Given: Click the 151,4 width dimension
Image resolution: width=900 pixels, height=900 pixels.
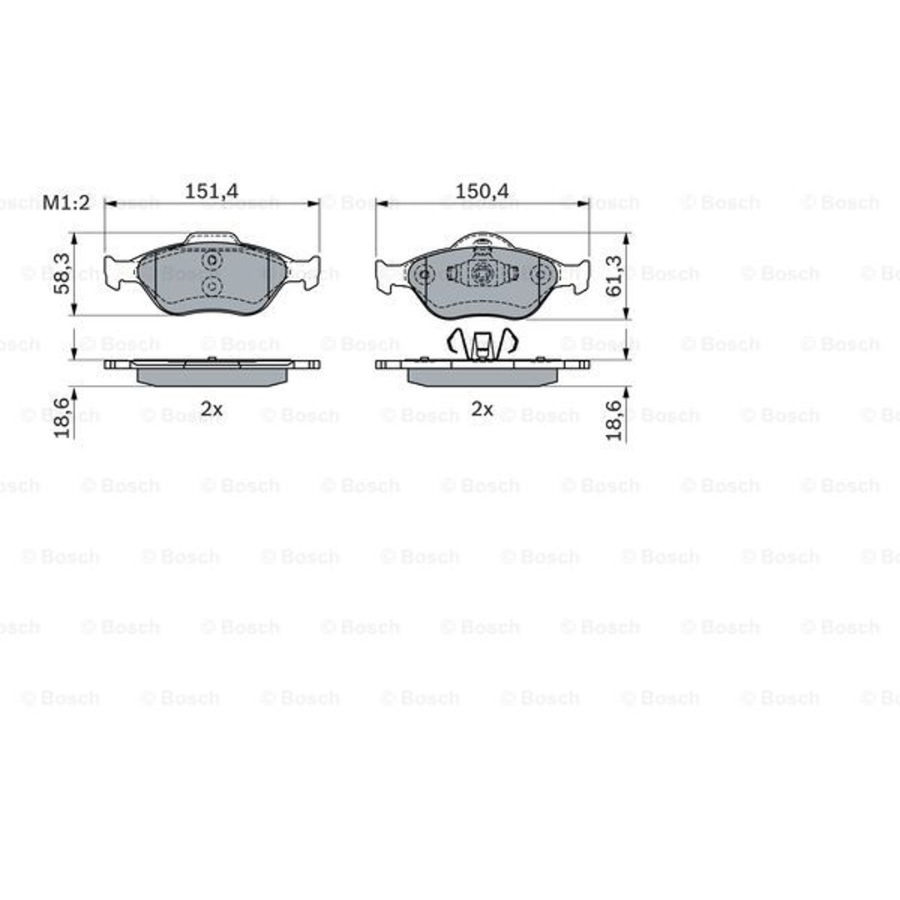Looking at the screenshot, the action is [x=211, y=191].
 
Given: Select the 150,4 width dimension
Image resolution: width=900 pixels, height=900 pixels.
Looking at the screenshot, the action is [x=482, y=191].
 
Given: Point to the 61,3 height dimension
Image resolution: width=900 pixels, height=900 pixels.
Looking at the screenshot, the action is [x=613, y=276].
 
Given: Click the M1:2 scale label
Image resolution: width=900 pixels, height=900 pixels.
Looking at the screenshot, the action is [x=67, y=202].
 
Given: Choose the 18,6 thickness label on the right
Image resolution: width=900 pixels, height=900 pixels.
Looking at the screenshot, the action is [x=613, y=419].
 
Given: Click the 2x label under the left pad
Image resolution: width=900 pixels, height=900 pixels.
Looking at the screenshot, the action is [x=211, y=408].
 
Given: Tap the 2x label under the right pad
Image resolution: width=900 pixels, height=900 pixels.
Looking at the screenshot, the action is [x=482, y=408].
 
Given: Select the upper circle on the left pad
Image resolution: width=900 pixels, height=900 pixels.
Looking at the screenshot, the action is [x=212, y=261].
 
